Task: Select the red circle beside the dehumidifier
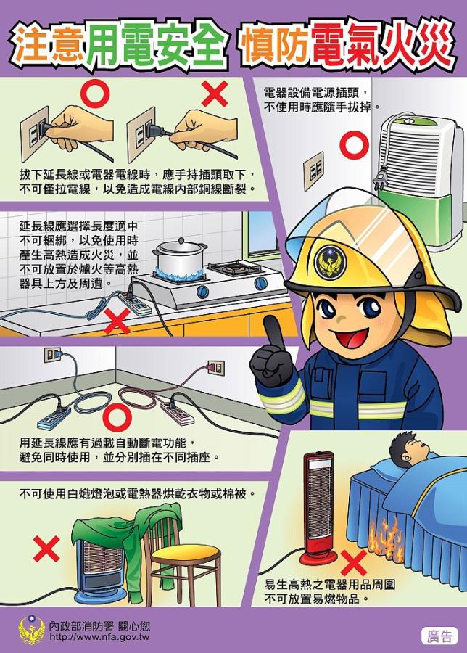pos(354,144)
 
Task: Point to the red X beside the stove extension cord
pos(117,321)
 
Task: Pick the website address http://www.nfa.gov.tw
pos(99,637)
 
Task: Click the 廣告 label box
pos(439,636)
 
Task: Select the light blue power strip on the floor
pos(54,418)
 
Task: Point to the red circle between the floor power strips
pos(117,417)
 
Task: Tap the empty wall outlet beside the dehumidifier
pos(313,171)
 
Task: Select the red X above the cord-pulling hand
pos(215,94)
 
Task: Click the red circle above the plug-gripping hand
pos(95,94)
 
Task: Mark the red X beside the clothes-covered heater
pos(46,549)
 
